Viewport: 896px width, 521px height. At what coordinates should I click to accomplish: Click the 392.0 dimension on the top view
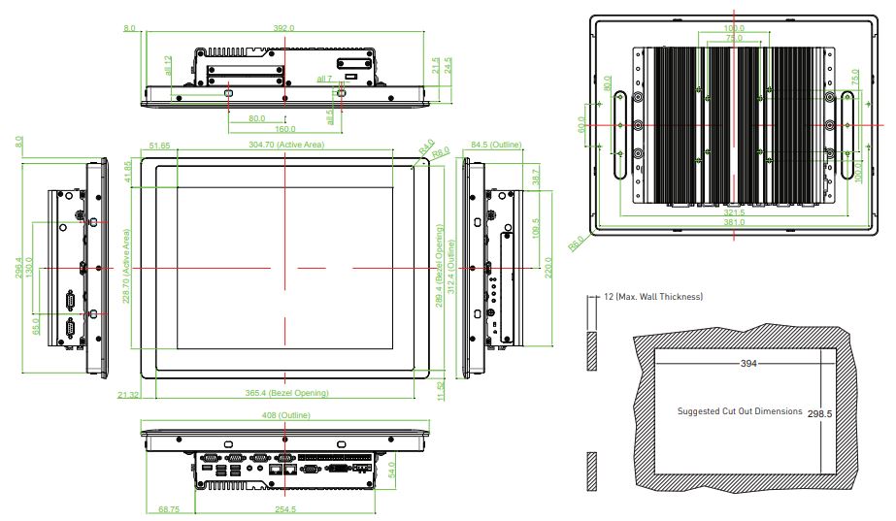(x=283, y=28)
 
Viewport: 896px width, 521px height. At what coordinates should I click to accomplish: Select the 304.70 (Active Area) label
(x=285, y=145)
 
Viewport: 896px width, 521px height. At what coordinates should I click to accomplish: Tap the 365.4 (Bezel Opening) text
(x=286, y=393)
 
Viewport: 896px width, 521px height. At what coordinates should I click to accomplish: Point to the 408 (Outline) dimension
(x=285, y=415)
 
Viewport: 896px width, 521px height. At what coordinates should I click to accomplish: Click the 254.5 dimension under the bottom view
(x=285, y=508)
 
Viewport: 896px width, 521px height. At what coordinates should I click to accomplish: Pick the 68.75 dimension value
(x=168, y=508)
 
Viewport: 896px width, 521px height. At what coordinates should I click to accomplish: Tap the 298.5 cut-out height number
(x=820, y=413)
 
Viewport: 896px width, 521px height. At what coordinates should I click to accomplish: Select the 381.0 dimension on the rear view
(x=734, y=223)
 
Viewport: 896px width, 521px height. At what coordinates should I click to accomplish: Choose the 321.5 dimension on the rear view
(x=734, y=212)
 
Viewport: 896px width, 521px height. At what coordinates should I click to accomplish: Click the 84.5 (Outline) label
(x=496, y=145)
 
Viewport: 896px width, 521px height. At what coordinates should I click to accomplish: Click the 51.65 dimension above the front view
(x=160, y=145)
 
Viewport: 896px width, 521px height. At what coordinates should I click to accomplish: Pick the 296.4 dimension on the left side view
(x=18, y=267)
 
